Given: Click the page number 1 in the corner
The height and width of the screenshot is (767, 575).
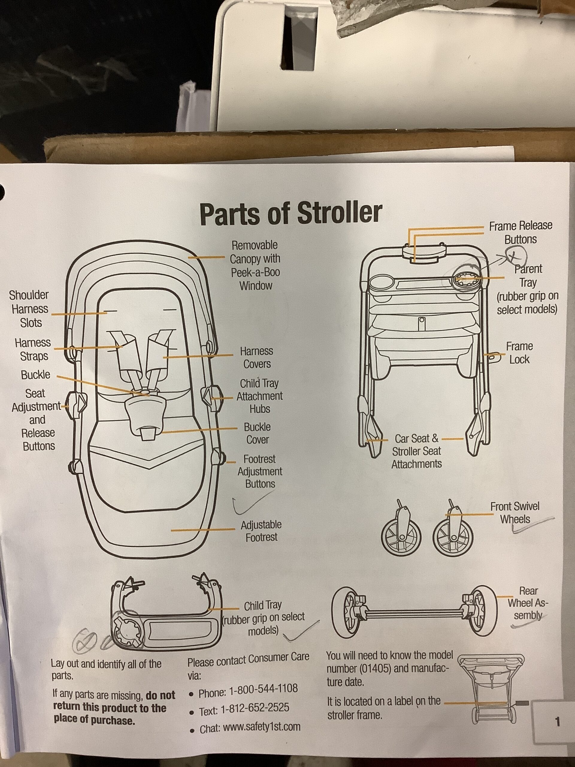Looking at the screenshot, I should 557,722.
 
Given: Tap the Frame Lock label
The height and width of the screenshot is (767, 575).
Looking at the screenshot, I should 519,353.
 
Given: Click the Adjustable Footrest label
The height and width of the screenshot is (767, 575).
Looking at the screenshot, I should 261,531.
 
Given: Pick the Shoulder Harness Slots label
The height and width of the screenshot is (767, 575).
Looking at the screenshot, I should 29,309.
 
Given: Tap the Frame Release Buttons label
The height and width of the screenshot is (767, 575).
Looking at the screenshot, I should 520,233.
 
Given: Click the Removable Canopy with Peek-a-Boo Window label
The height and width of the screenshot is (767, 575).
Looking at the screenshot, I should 255,265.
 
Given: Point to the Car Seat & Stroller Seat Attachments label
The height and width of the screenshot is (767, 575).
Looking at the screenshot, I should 416,451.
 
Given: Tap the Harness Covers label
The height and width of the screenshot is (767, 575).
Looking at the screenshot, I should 256,357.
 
